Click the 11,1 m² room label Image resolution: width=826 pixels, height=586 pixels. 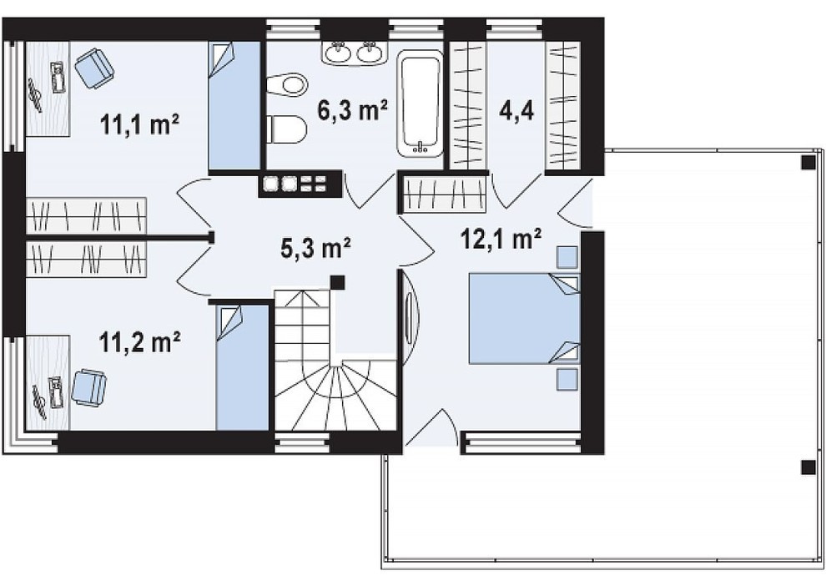click(x=139, y=125)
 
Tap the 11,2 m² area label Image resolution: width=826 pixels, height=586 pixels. click(x=139, y=342)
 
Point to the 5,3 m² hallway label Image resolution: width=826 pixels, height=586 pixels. click(x=315, y=248)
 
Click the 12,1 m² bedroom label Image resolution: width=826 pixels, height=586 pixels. click(x=501, y=238)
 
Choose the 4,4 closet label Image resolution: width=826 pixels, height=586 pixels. click(x=516, y=111)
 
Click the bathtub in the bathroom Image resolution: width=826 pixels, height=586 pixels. click(x=420, y=104)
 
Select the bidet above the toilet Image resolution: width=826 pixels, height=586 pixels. click(x=286, y=85)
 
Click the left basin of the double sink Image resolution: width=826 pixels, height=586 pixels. click(x=337, y=53)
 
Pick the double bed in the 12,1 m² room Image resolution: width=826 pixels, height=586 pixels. click(x=524, y=318)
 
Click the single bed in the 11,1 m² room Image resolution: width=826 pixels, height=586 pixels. click(x=235, y=106)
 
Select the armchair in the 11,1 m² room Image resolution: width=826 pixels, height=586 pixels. click(x=94, y=68)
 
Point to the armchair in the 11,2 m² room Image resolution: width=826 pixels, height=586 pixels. click(x=89, y=388)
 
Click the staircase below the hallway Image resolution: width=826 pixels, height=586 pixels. click(x=335, y=360)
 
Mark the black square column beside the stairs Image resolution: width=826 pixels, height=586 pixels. click(x=337, y=282)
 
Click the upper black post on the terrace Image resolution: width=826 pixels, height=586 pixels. click(x=808, y=163)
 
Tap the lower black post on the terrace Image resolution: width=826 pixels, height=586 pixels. click(x=808, y=467)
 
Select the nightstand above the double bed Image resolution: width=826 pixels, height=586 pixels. click(x=567, y=258)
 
